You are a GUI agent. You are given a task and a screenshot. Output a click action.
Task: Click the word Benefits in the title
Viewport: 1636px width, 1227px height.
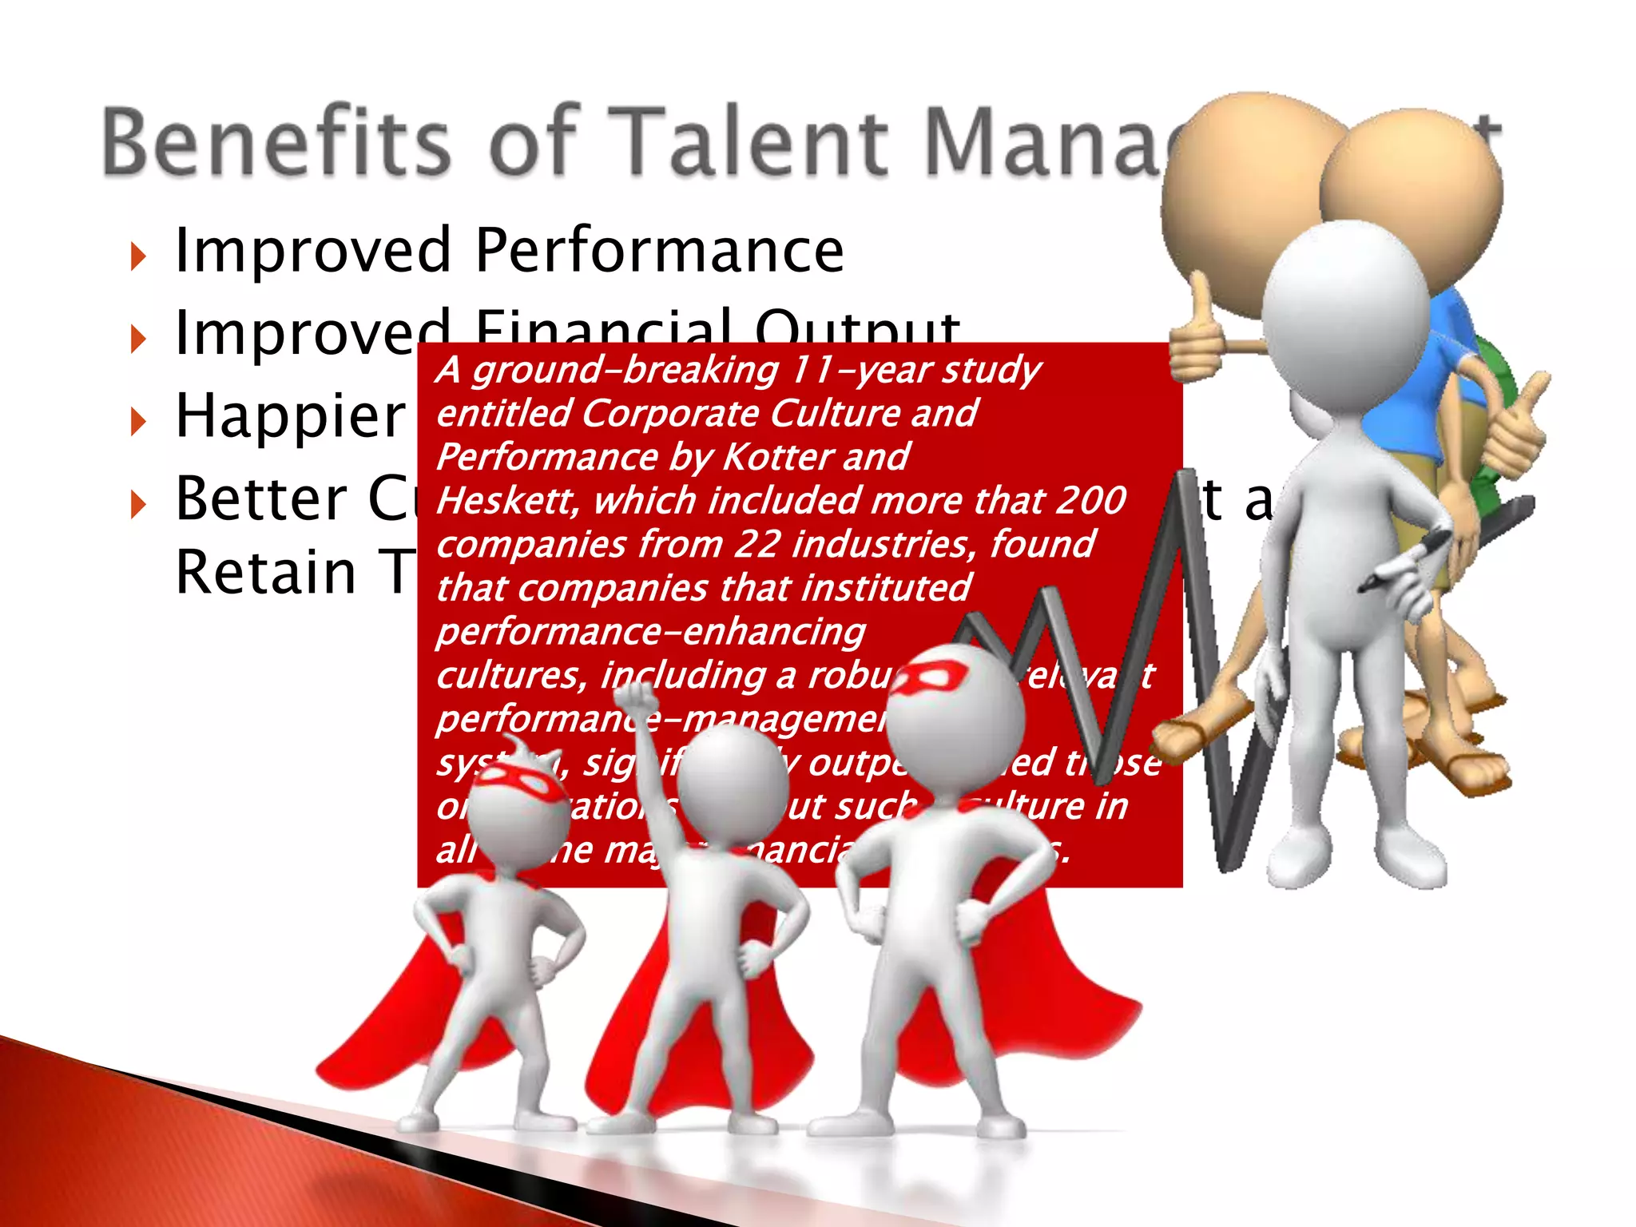(276, 142)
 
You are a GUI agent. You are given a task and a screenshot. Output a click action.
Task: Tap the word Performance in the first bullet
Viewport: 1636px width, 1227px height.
(659, 251)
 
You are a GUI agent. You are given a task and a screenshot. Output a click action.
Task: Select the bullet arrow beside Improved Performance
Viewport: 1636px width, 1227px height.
(138, 256)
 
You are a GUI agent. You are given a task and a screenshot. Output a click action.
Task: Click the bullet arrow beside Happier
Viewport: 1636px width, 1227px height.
(138, 422)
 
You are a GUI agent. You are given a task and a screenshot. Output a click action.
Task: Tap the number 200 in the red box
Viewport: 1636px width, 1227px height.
(1090, 501)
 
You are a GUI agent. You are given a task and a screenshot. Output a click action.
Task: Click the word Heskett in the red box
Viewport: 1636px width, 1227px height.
(507, 502)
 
